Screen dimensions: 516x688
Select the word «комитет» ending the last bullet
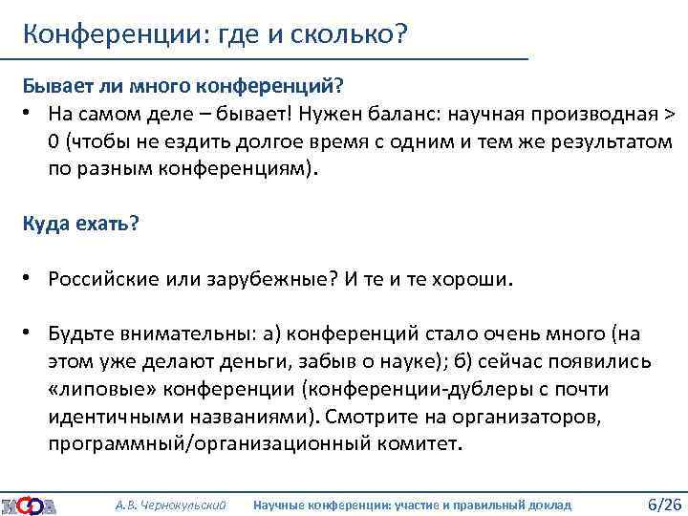[x=419, y=444]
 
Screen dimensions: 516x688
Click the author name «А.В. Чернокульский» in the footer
[x=170, y=504]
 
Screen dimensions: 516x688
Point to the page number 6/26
[x=664, y=504]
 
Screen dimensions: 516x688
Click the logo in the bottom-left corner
[x=29, y=504]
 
